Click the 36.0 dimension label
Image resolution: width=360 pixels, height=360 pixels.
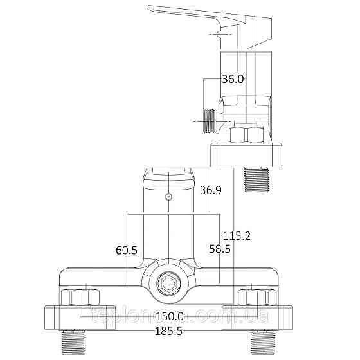point(233,79)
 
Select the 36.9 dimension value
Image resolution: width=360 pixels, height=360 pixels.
point(211,190)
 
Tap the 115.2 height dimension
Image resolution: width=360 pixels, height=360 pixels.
point(236,236)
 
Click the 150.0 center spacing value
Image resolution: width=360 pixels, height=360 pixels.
point(170,316)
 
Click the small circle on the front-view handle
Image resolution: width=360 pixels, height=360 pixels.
point(168,197)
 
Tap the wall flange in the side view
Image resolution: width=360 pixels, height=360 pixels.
point(247,154)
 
